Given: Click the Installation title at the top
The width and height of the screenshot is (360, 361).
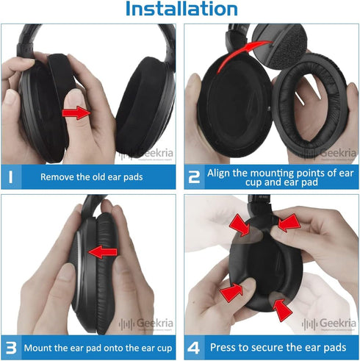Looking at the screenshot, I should pos(181,10).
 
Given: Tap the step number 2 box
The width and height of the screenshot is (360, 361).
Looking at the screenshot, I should pos(195,176).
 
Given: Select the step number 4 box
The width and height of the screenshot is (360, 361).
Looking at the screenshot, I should pos(195,346).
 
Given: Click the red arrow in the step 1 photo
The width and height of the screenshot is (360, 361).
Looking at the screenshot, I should pos(77,112).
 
